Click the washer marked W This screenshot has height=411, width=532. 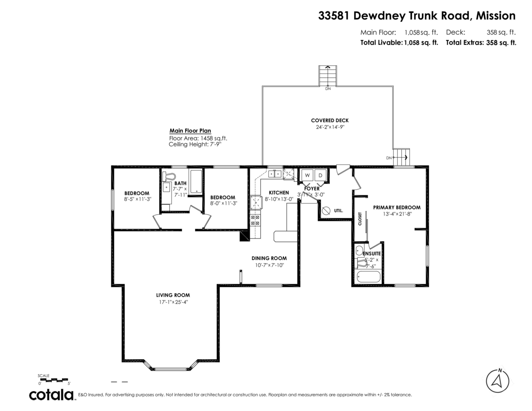[x=307, y=175]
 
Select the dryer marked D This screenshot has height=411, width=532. [x=321, y=175]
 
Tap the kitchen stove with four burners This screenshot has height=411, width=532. [x=256, y=220]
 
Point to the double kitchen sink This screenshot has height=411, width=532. [x=274, y=174]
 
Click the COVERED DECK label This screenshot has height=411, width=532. [x=329, y=120]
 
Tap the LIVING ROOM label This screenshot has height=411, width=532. [x=172, y=295]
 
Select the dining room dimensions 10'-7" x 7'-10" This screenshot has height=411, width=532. [x=269, y=265]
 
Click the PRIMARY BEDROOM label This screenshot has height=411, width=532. [x=396, y=207]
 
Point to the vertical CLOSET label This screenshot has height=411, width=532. [x=360, y=219]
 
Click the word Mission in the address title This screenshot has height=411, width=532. [x=495, y=16]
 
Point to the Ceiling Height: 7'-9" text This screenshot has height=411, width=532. [x=194, y=144]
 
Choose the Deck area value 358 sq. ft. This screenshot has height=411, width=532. [x=501, y=32]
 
